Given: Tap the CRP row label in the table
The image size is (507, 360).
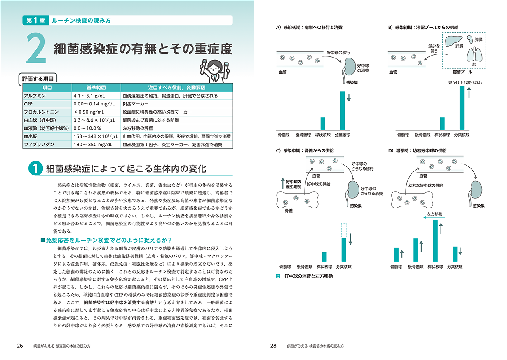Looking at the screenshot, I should (29, 104).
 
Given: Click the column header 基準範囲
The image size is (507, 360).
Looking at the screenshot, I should (96, 88).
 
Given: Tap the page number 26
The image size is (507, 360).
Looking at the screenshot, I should (19, 346).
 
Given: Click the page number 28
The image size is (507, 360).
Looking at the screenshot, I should (273, 346).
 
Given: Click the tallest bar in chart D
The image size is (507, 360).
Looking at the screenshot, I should (435, 241).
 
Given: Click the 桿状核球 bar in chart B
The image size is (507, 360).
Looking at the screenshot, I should (442, 124).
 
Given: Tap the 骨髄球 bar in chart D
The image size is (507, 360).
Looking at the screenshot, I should (396, 254).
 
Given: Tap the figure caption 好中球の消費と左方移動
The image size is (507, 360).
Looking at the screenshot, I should (308, 276).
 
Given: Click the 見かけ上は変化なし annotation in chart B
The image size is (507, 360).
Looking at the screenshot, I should (465, 82).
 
